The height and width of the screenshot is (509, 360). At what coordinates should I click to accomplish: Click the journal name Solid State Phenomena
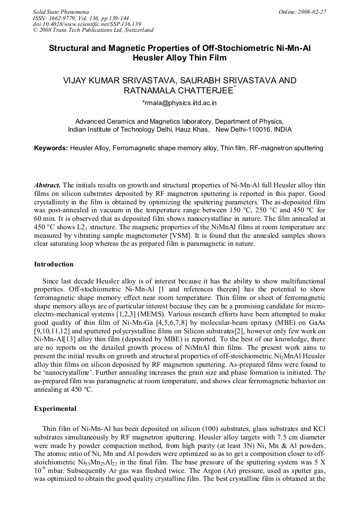pyautogui.click(x=61, y=12)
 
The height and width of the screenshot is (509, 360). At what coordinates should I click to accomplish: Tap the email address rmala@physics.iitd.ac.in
pyautogui.click(x=179, y=102)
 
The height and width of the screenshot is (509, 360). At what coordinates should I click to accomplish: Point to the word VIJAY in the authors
pyautogui.click(x=75, y=80)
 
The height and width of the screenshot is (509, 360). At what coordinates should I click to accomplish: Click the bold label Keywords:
pyautogui.click(x=51, y=149)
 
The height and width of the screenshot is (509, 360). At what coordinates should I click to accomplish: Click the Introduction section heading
pyautogui.click(x=54, y=264)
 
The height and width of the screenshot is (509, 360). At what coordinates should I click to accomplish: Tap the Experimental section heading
pyautogui.click(x=55, y=409)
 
